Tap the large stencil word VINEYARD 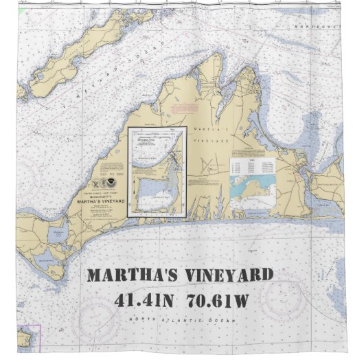(x=229, y=276)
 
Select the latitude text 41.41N (x=148, y=300)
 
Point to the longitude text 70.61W (x=226, y=300)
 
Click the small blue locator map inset (x=253, y=187)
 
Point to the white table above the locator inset (x=253, y=165)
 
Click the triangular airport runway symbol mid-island (x=205, y=166)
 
